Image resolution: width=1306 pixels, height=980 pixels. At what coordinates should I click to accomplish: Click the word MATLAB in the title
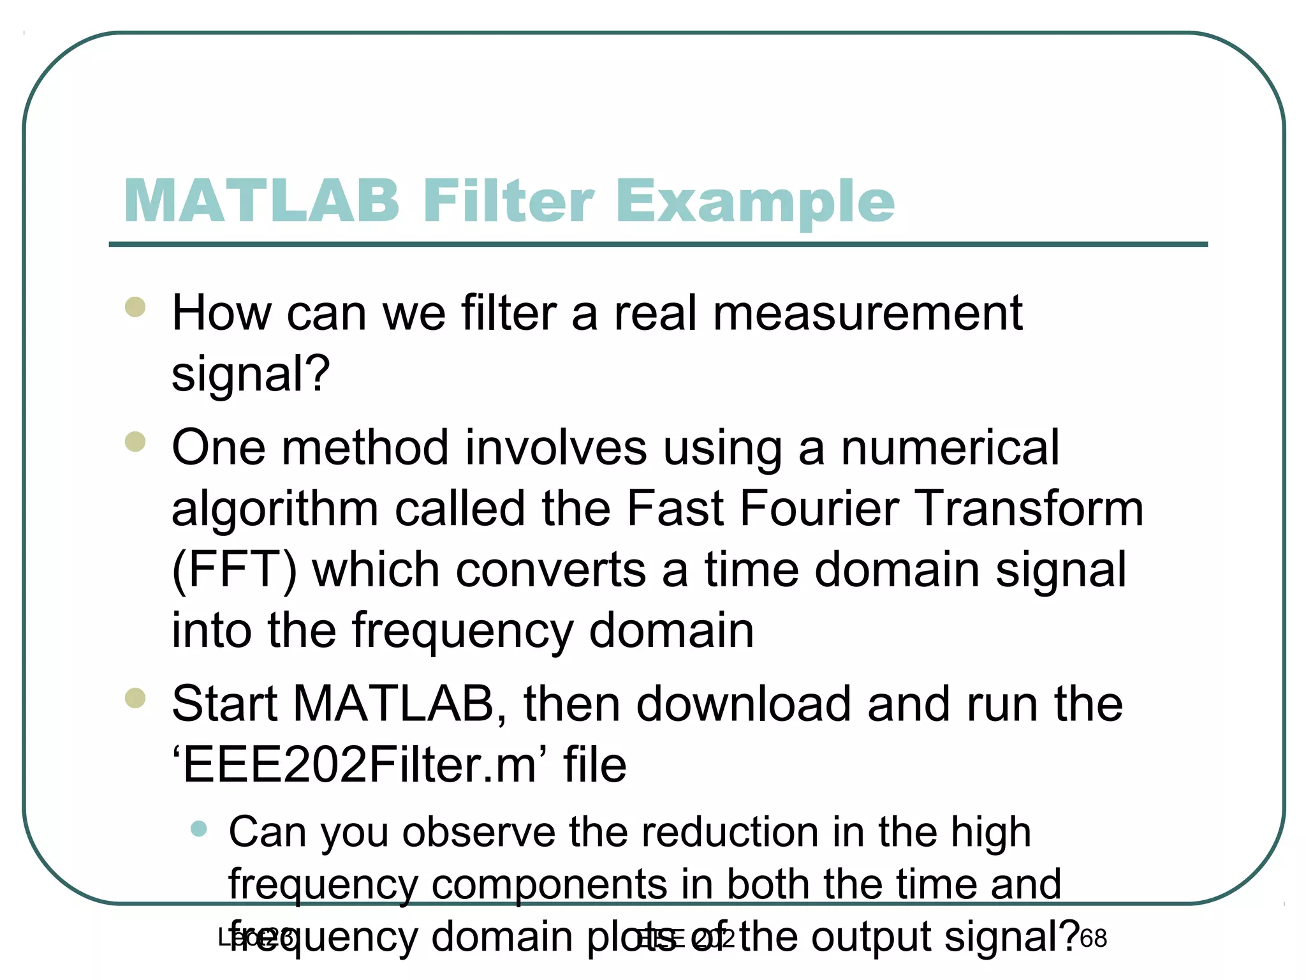point(261,201)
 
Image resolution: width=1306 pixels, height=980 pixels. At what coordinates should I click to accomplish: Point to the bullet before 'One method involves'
point(135,442)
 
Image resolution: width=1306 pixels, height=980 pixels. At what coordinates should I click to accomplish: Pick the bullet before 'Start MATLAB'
point(135,698)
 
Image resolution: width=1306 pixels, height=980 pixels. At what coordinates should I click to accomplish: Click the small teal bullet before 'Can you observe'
point(199,829)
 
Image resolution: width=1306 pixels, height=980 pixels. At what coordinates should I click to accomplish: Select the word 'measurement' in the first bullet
point(867,313)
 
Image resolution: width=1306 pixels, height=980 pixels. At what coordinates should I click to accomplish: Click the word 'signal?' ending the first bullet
point(251,375)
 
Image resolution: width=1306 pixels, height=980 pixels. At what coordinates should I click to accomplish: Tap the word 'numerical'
point(950,448)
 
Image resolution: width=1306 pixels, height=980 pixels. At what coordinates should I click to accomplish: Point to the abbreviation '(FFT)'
point(234,570)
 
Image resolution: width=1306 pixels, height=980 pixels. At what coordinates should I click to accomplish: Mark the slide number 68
point(1094,939)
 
